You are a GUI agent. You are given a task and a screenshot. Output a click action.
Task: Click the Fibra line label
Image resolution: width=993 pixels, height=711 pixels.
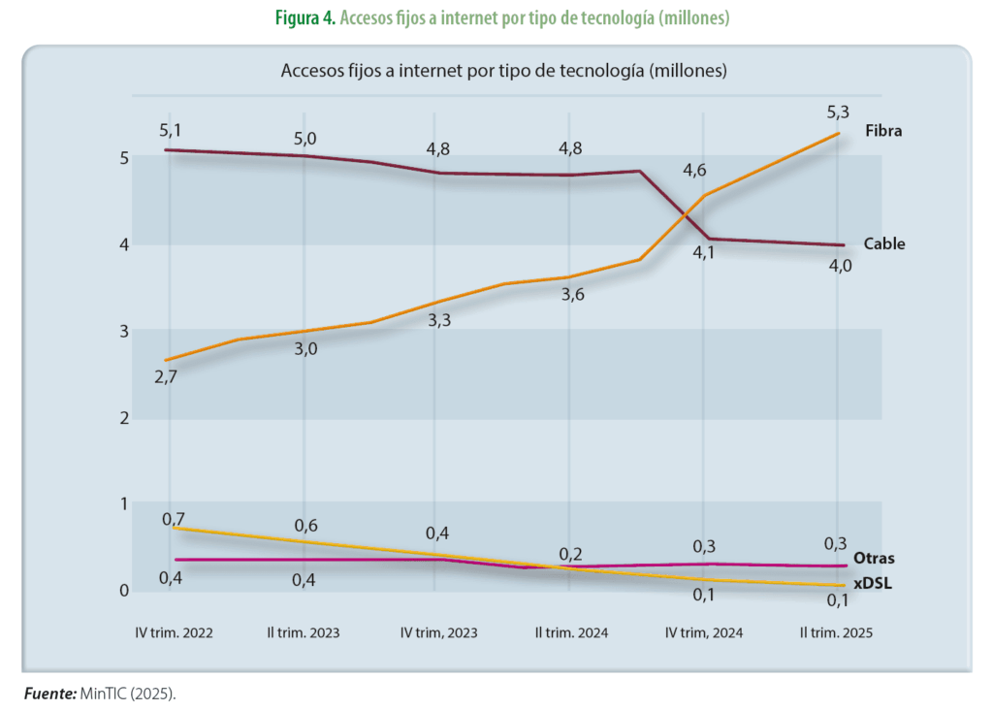[x=883, y=130]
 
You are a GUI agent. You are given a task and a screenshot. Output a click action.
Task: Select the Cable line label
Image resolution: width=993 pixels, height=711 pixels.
[x=883, y=244]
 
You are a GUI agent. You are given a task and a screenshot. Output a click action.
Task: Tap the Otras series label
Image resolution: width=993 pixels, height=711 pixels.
[x=874, y=559]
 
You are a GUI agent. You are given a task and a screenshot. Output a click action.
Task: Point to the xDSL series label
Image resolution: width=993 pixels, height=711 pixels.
[x=873, y=584]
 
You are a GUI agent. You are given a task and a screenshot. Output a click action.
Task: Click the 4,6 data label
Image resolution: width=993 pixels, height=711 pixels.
[x=693, y=171]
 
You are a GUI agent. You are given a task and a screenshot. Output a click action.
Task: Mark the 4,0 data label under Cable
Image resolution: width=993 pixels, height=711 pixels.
[x=840, y=265]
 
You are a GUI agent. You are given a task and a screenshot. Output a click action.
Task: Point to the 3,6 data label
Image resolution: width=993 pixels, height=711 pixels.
[x=572, y=296]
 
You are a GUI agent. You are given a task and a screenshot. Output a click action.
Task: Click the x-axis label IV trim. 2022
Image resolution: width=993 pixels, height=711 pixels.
[x=174, y=632]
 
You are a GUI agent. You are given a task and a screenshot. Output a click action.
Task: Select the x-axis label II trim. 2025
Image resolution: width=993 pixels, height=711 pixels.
[x=836, y=632]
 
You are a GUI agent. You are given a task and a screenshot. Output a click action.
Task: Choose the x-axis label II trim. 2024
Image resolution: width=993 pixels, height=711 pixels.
[x=572, y=632]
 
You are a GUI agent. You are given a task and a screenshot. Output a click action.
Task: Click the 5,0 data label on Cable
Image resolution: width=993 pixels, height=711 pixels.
[x=305, y=139]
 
